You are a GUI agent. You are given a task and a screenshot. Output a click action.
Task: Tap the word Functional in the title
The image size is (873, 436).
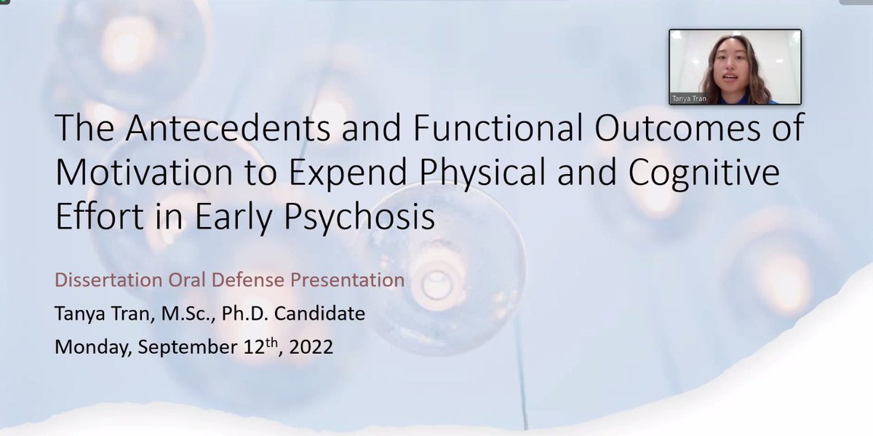pos(468,130)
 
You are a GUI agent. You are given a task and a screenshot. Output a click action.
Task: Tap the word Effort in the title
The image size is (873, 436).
pos(95,217)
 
